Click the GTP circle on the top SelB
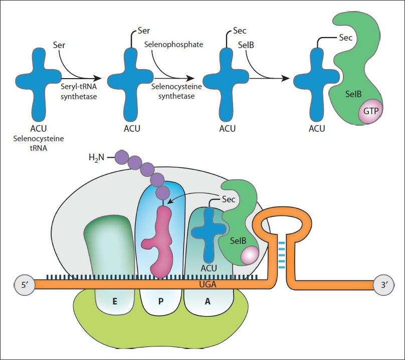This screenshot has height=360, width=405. tap(370, 111)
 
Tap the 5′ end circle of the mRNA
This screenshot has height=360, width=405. tap(25, 285)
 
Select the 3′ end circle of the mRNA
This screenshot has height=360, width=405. tap(384, 285)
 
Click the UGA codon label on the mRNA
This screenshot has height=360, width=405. tap(208, 284)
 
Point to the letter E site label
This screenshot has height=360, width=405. tap(115, 301)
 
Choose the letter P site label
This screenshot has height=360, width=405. tap(161, 301)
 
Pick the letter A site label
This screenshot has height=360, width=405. tap(208, 301)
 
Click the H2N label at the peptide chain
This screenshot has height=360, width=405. tap(96, 157)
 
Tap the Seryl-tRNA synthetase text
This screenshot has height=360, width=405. tap(79, 91)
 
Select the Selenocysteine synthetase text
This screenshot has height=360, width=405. tap(176, 91)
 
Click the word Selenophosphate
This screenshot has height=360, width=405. tap(173, 45)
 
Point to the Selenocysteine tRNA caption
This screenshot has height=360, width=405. tap(39, 143)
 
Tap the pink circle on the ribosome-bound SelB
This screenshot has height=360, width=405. tap(250, 255)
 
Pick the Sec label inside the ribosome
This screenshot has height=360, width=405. tap(229, 199)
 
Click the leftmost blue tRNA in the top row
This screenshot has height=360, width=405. tap(39, 85)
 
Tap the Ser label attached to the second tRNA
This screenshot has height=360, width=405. tap(144, 31)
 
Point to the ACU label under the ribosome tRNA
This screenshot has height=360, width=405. tap(209, 268)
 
